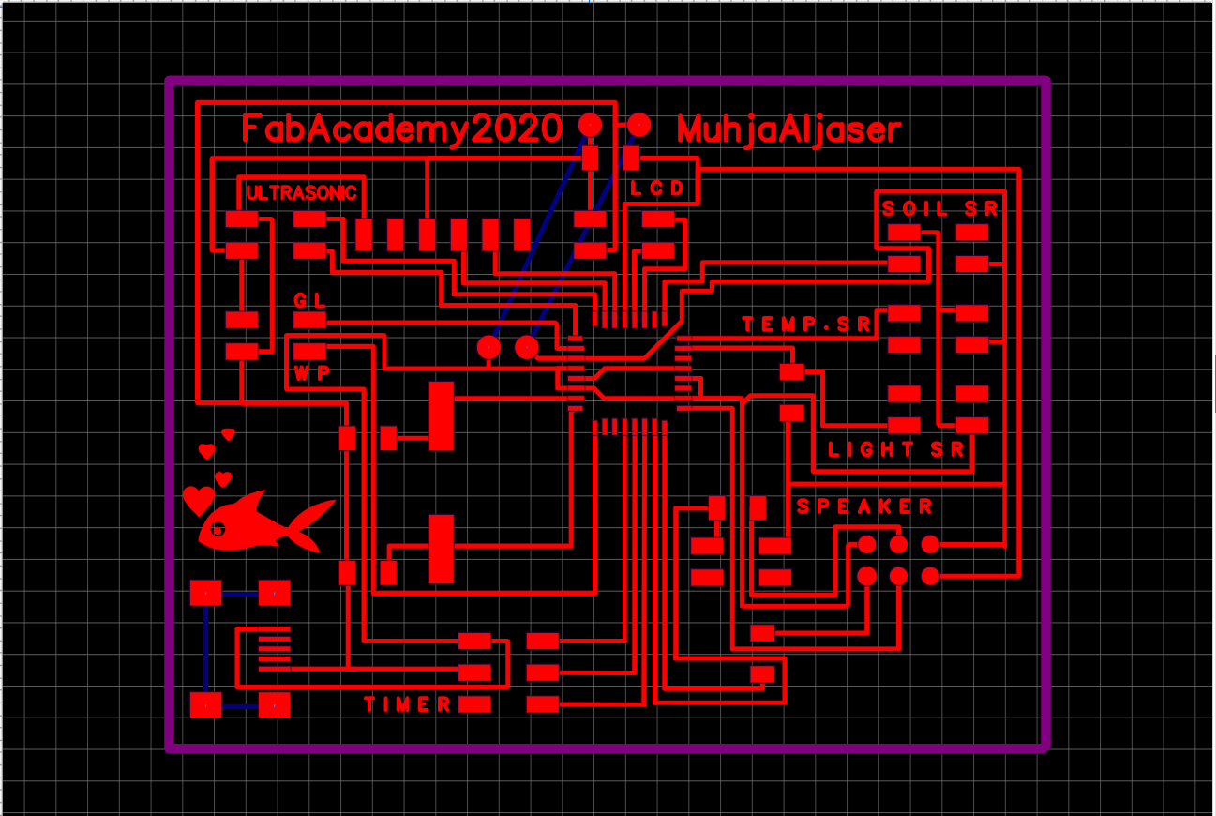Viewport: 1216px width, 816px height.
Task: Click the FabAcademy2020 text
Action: point(402,128)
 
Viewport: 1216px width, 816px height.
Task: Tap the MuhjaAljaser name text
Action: point(788,129)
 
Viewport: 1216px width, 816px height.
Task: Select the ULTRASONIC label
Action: point(301,193)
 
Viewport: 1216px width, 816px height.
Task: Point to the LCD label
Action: point(657,189)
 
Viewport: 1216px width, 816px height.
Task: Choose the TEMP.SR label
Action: point(806,325)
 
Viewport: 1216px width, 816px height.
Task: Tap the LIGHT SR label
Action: point(895,450)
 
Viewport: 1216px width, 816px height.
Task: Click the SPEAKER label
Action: point(864,507)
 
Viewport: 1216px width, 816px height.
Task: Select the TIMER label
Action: point(407,704)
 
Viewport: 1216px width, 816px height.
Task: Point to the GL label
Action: point(309,301)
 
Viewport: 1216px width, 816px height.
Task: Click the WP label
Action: point(311,372)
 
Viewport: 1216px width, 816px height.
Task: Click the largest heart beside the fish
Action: point(198,500)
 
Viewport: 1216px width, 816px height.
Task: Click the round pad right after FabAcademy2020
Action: point(590,124)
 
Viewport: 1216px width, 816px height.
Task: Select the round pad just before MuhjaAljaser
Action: point(639,124)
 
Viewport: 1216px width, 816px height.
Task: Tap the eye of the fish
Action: point(218,529)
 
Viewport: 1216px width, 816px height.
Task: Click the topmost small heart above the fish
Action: point(228,434)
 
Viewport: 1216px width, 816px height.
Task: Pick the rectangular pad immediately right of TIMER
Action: point(474,703)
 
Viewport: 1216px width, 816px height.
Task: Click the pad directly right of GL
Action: point(309,321)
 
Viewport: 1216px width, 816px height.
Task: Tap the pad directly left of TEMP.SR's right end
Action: point(904,314)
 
